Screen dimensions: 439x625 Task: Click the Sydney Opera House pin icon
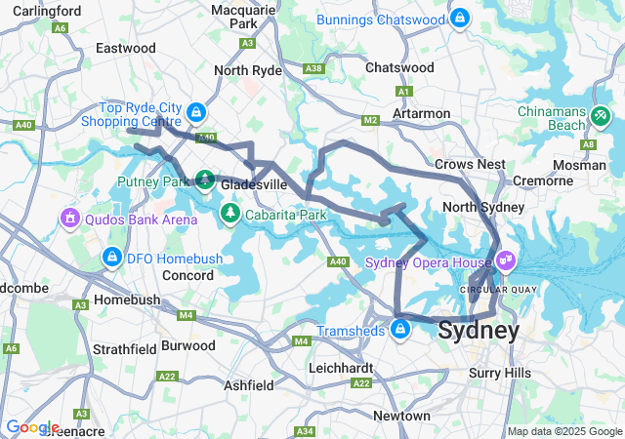505,260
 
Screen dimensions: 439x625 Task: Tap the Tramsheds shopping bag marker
399,331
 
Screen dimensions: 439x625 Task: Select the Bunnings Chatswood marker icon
460,18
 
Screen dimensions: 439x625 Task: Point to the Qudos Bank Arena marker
69,216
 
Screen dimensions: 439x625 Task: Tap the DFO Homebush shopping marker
111,259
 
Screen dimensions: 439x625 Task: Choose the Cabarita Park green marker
230,212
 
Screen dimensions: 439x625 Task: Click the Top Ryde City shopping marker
197,112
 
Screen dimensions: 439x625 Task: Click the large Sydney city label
479,330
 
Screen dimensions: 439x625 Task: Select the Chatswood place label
398,67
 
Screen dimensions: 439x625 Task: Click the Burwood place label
187,345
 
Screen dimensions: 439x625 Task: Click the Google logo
32,427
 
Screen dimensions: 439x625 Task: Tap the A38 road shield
313,68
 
